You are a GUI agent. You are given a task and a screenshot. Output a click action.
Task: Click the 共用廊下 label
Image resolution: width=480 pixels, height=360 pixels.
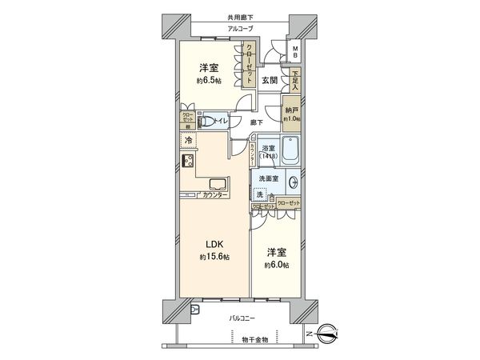click(x=239, y=18)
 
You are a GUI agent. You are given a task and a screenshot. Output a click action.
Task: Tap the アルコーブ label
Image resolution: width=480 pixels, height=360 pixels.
click(x=239, y=29)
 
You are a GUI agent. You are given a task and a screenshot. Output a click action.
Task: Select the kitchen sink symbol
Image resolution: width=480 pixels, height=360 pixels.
click(x=189, y=162)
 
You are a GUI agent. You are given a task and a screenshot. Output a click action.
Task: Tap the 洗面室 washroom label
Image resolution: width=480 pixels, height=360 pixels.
click(x=268, y=178)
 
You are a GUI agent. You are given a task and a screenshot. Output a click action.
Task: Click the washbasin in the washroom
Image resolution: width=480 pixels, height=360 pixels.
click(x=293, y=182)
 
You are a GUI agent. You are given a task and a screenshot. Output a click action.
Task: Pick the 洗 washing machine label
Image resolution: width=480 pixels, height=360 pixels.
click(x=260, y=194)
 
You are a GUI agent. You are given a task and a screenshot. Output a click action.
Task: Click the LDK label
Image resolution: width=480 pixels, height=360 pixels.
click(x=214, y=243)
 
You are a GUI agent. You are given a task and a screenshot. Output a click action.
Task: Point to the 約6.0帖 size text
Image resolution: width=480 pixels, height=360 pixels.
click(x=276, y=265)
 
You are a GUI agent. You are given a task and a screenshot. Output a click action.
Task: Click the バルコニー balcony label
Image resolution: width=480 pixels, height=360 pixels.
click(x=242, y=317)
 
